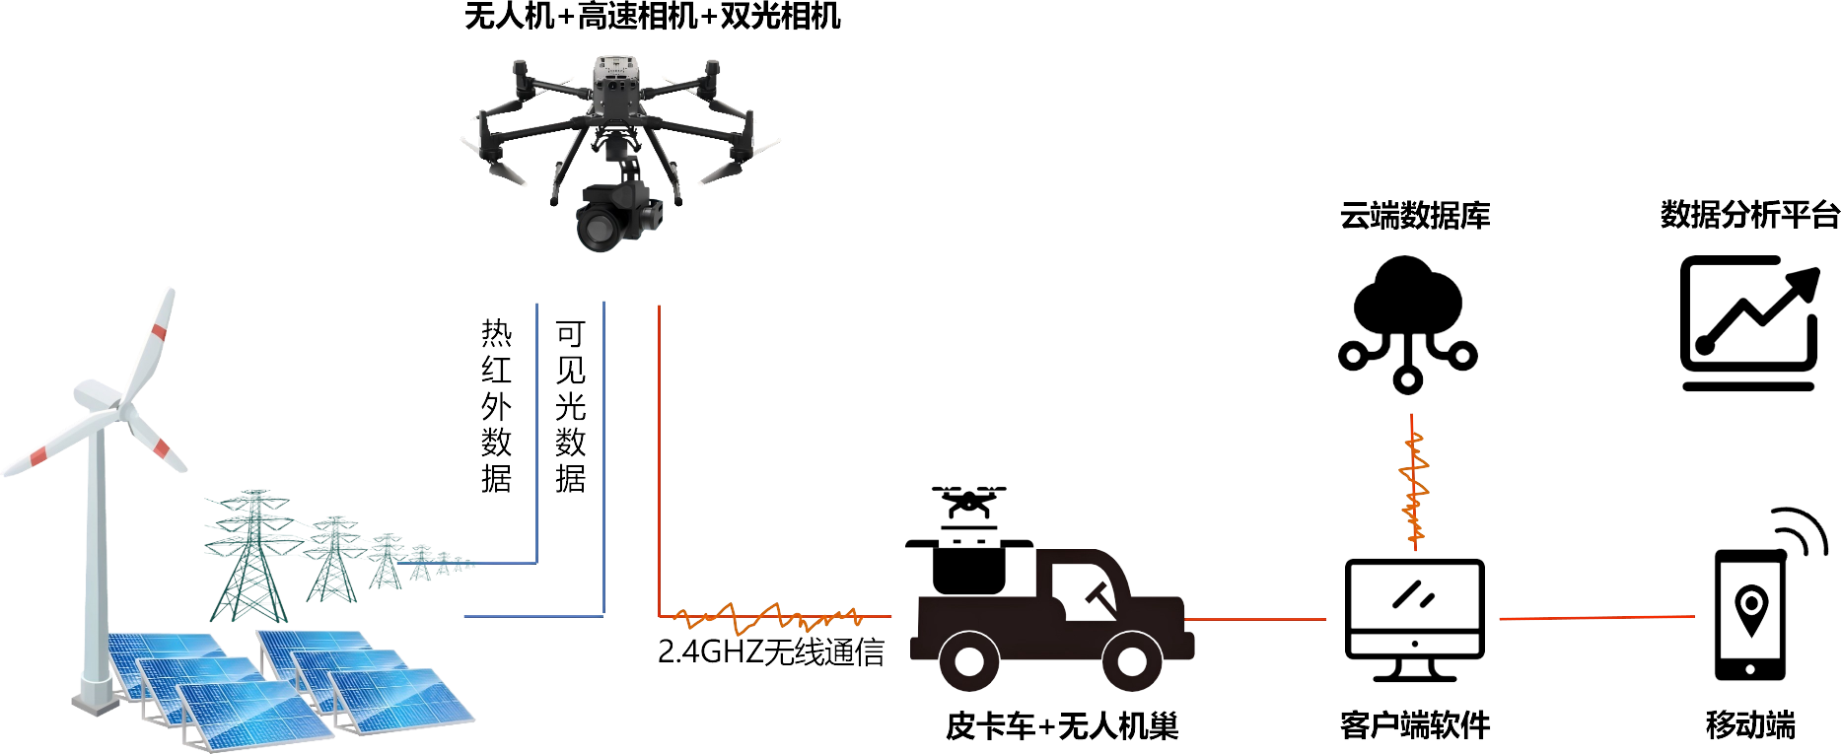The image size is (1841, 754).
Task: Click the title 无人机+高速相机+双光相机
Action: click(x=652, y=17)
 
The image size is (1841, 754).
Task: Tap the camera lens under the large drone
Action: click(x=599, y=228)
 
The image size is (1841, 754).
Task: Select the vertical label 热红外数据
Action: click(x=497, y=405)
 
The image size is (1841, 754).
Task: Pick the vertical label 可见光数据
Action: click(x=571, y=405)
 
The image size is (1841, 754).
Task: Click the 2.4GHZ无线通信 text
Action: click(x=771, y=651)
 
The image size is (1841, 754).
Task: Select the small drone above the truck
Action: click(x=968, y=502)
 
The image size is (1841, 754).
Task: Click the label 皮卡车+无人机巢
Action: click(x=1062, y=726)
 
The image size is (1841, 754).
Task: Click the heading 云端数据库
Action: click(x=1415, y=215)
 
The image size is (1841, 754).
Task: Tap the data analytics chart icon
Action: click(x=1749, y=323)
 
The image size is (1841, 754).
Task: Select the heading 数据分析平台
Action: click(x=1750, y=214)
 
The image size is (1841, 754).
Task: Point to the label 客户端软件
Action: click(x=1415, y=725)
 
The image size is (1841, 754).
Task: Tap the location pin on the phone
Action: click(x=1750, y=609)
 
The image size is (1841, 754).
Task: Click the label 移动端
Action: click(x=1750, y=724)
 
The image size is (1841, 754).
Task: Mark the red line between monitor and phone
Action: click(x=1597, y=618)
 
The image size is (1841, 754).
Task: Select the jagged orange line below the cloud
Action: click(x=1414, y=481)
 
